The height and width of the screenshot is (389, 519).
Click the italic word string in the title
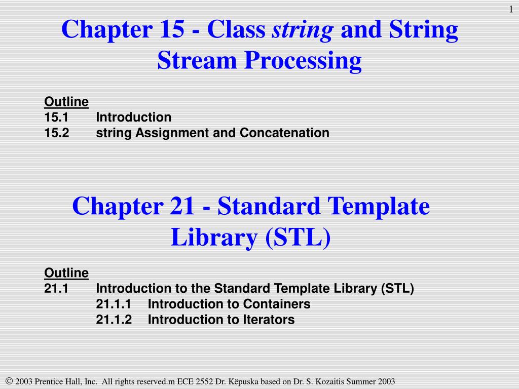(x=303, y=30)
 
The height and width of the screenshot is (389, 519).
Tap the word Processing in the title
(x=304, y=61)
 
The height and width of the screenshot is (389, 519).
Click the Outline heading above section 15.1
(x=66, y=102)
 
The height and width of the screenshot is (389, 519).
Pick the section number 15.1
(x=56, y=118)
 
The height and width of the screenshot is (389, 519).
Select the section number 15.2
(x=56, y=133)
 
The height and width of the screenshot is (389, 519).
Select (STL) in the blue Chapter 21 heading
(x=298, y=238)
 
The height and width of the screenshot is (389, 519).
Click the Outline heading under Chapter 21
(x=66, y=273)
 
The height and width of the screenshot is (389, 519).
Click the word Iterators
(x=268, y=320)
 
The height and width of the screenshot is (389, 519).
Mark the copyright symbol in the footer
(x=9, y=381)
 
